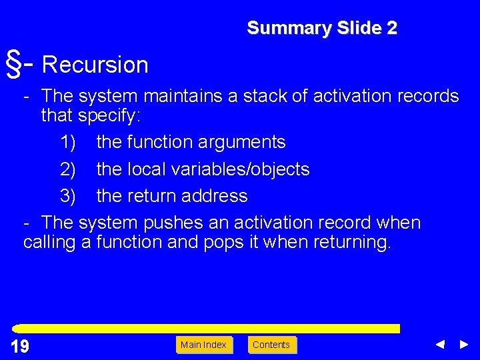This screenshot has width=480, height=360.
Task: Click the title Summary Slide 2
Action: coord(321,28)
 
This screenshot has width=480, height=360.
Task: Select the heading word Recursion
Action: coord(95,65)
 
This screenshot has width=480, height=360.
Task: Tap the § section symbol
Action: coord(13,63)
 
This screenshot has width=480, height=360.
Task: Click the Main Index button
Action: coord(204,345)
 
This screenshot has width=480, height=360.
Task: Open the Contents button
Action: coord(271,345)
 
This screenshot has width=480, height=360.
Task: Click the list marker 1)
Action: coord(67,142)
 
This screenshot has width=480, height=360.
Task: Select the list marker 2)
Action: coord(67,169)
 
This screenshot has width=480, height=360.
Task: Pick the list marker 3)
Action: coord(67,196)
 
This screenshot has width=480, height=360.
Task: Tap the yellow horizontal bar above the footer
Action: coord(207,329)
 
